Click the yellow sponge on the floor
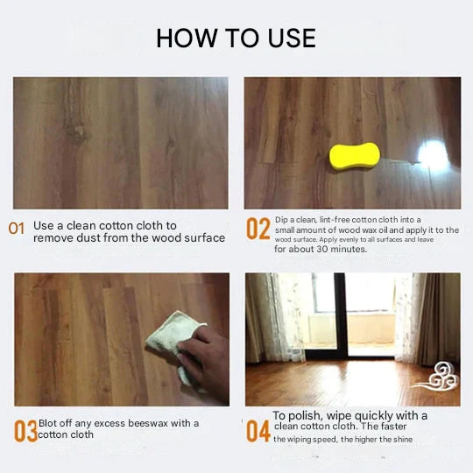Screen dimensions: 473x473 point(355,156)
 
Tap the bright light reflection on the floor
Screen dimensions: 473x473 point(433,154)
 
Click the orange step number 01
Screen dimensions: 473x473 point(17,229)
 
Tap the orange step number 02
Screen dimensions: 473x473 point(258,229)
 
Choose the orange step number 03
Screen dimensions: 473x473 point(25,431)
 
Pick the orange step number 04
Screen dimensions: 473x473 point(258,431)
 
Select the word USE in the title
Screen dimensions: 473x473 point(292,38)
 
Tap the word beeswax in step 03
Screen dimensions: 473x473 point(147,423)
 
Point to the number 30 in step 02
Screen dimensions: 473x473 point(321,249)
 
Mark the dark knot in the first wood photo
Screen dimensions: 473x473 point(77,133)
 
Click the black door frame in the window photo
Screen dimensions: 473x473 point(341,317)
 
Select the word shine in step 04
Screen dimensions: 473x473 point(402,439)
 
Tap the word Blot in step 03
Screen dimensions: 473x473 point(47,423)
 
